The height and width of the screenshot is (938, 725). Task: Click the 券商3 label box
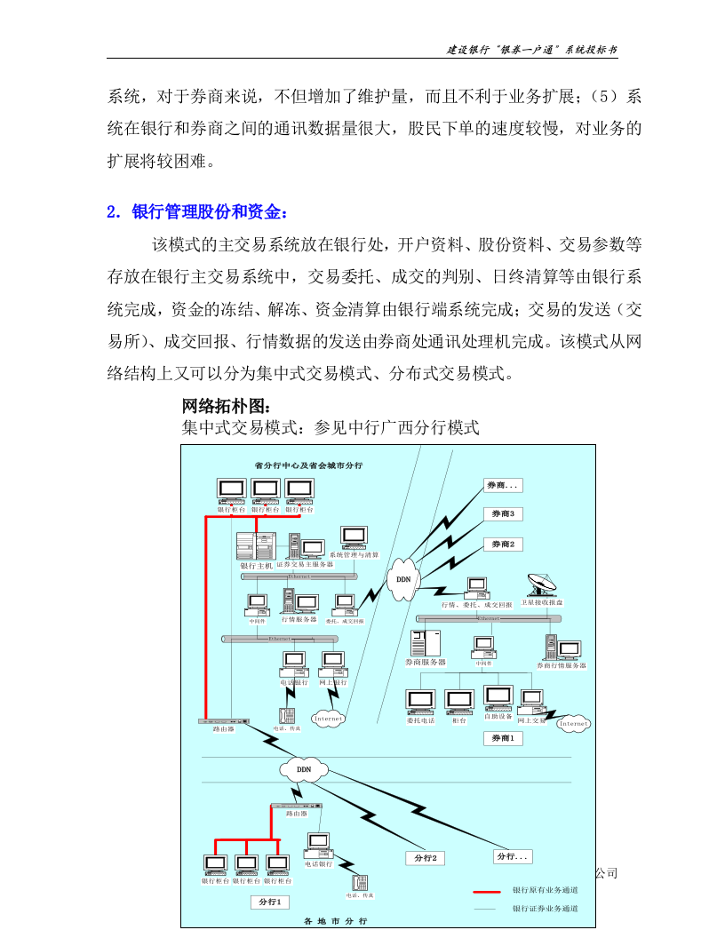(x=504, y=513)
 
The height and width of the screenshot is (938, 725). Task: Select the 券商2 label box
(x=504, y=544)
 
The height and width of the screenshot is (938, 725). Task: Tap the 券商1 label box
(x=502, y=738)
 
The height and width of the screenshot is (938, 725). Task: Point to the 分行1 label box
(x=269, y=902)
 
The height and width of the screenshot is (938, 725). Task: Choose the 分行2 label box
(x=425, y=858)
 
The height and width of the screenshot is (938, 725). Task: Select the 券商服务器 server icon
(x=425, y=642)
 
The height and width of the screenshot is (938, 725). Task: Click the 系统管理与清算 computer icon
(x=354, y=537)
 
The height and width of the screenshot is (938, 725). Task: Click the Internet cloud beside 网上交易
(x=573, y=724)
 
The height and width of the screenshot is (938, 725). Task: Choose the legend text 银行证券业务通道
(x=545, y=909)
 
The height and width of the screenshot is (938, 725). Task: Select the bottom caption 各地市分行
(x=335, y=922)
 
